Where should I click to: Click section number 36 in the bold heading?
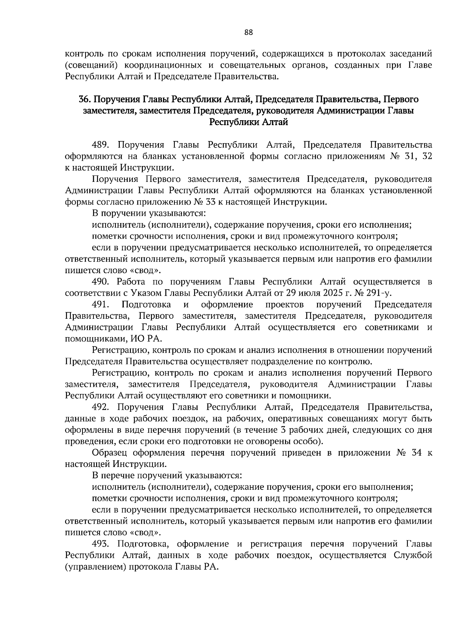(84, 100)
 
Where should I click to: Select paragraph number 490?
(101, 282)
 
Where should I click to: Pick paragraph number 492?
(101, 407)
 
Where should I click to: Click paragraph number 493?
(101, 544)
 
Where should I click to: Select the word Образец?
(110, 453)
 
